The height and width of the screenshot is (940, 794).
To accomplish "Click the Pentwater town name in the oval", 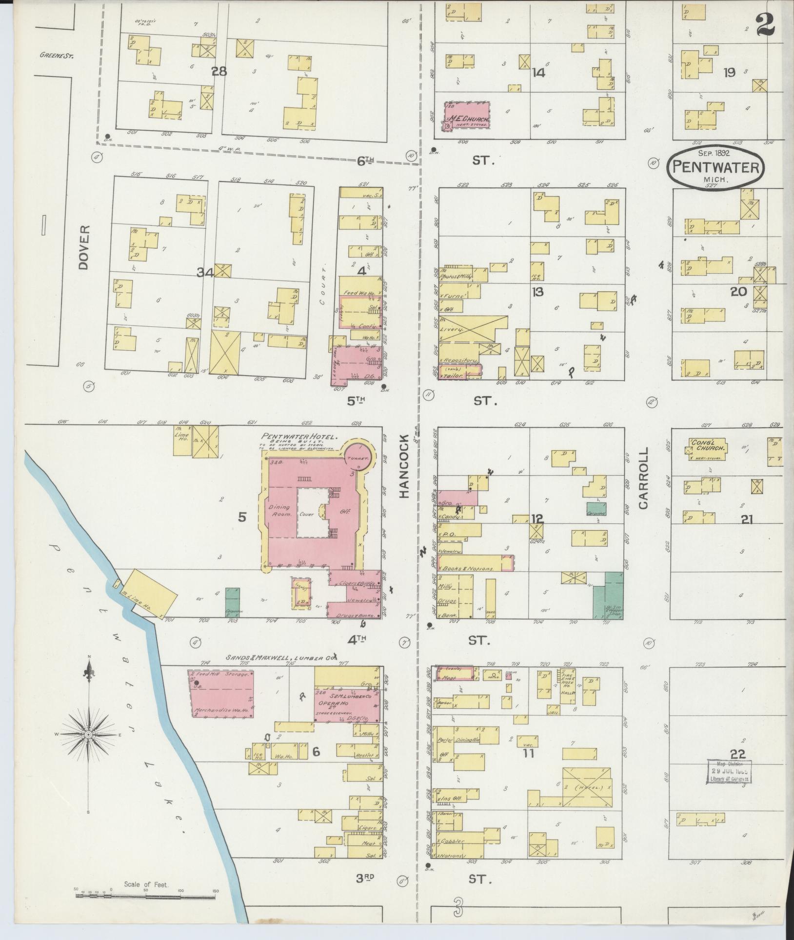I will (x=715, y=167).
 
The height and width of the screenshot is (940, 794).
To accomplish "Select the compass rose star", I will (x=88, y=735).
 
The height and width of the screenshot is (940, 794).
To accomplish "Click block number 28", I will (x=219, y=71).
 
